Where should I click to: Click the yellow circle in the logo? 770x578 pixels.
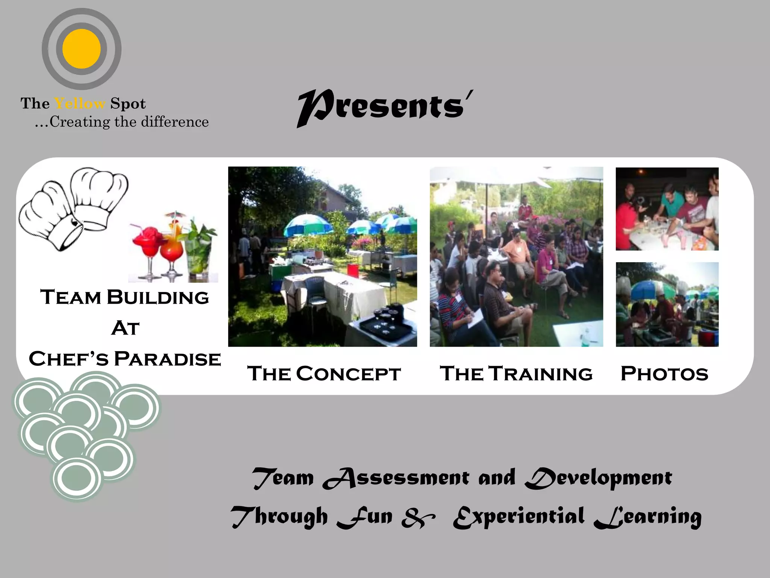click(82, 49)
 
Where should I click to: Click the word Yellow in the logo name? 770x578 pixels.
click(80, 103)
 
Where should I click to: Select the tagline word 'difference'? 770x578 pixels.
click(175, 122)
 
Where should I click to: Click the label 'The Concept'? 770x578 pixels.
click(324, 374)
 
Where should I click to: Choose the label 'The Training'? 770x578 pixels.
click(516, 374)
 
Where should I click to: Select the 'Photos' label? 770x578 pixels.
click(664, 374)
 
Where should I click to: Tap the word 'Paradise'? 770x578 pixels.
click(167, 359)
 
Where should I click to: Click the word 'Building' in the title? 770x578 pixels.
click(158, 297)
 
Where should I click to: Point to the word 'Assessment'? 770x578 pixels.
click(396, 478)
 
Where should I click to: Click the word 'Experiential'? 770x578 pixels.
click(519, 517)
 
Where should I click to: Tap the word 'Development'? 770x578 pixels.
click(598, 478)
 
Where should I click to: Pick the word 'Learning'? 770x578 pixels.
click(648, 517)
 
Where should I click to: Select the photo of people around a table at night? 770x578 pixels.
click(667, 209)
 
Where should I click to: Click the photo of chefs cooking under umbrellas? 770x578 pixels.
click(667, 304)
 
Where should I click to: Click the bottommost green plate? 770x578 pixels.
click(77, 479)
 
